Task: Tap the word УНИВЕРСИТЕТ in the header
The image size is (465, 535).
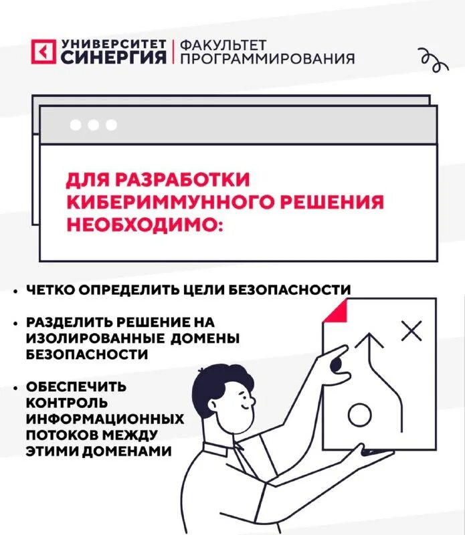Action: pos(113,43)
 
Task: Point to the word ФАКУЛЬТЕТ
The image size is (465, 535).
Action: pos(223,44)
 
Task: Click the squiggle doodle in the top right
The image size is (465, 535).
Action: pos(432,60)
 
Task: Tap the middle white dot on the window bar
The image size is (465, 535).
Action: pos(93,125)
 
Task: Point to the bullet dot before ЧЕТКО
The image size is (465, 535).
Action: pos(15,291)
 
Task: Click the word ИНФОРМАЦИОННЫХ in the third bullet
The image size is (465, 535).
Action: pos(105,419)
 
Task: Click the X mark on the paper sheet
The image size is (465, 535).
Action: pos(411,330)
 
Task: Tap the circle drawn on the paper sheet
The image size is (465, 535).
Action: pos(359,416)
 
